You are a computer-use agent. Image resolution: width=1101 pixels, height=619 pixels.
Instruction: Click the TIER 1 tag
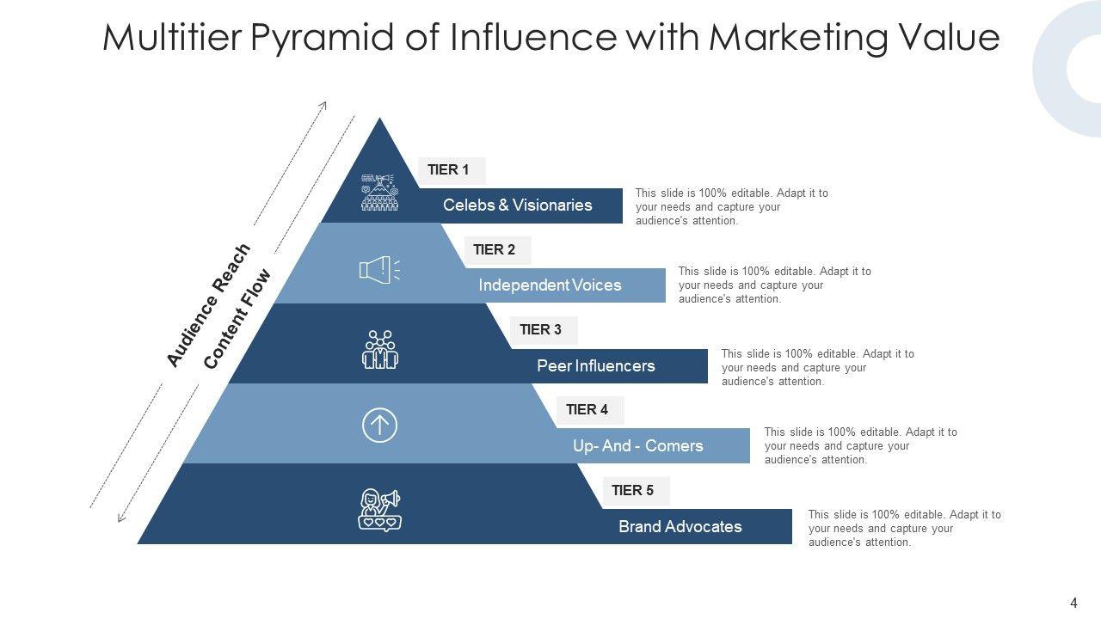(449, 170)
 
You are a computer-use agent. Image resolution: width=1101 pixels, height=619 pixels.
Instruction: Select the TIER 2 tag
(495, 250)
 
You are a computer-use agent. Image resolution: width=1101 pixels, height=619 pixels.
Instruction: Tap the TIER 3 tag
(541, 330)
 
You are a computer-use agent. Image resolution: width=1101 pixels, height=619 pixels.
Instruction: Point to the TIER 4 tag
(587, 410)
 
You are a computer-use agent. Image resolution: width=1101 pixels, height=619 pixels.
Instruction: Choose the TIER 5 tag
(633, 491)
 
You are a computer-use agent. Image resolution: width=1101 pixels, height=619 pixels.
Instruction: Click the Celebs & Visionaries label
(518, 205)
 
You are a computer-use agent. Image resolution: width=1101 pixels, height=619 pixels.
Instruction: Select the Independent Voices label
(550, 285)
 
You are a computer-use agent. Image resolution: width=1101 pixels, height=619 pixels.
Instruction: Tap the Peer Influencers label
(596, 366)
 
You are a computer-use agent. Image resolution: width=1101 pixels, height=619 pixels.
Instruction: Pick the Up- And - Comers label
(638, 446)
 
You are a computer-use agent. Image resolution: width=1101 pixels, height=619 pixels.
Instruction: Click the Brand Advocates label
(680, 527)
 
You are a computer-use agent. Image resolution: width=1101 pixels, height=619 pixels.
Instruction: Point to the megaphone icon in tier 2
(379, 270)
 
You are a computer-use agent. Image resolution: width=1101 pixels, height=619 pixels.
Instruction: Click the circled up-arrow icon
(379, 425)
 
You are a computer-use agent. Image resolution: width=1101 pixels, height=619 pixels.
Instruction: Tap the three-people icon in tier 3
(379, 350)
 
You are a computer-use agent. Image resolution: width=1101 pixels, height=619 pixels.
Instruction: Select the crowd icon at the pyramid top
(379, 192)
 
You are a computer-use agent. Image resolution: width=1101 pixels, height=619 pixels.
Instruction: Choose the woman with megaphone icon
(379, 510)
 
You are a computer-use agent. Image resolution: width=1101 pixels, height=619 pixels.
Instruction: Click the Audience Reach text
(208, 305)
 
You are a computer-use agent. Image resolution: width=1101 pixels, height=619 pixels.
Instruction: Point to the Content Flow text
(237, 319)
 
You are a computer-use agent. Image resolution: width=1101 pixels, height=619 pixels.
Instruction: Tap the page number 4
(1073, 604)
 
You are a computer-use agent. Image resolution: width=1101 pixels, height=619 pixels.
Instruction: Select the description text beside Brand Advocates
(904, 529)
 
